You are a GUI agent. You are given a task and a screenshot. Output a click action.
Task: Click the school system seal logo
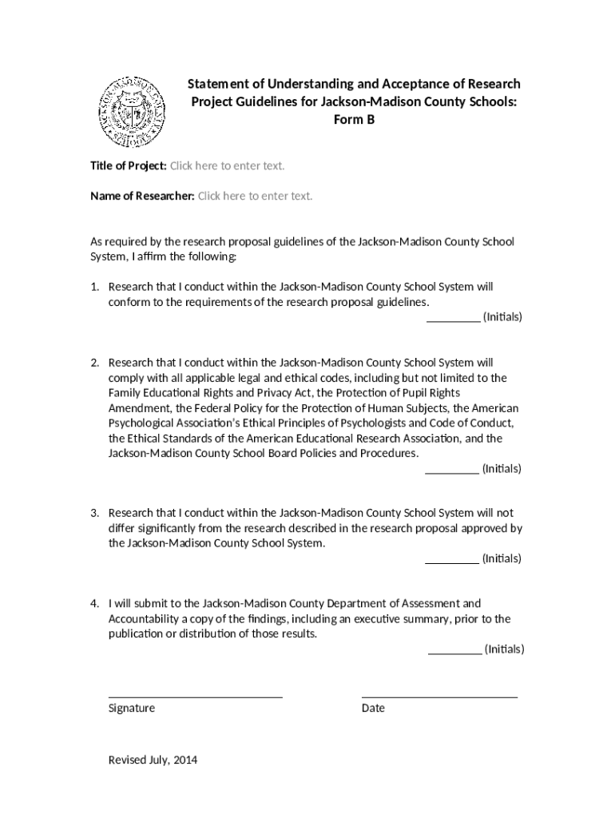(x=132, y=113)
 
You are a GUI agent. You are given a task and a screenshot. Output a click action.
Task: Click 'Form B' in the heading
(x=354, y=120)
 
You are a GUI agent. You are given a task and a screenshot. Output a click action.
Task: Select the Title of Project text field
(x=228, y=165)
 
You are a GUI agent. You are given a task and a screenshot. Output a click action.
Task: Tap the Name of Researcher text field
(x=255, y=196)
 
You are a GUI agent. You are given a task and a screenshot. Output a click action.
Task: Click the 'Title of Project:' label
(x=128, y=165)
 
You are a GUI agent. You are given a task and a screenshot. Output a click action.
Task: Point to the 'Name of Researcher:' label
(x=142, y=196)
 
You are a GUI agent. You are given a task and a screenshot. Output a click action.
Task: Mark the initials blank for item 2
(x=452, y=469)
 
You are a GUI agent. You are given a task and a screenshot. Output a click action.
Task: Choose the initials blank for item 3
(x=452, y=559)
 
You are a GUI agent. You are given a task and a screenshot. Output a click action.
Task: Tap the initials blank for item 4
(x=455, y=649)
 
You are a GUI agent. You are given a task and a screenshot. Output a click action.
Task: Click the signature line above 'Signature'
(x=195, y=696)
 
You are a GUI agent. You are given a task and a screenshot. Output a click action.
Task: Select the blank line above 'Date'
(x=439, y=696)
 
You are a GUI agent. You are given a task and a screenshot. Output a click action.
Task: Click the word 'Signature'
(x=132, y=709)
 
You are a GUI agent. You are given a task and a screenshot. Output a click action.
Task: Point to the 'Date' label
(x=373, y=709)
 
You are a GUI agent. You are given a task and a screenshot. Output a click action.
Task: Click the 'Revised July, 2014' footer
(x=153, y=760)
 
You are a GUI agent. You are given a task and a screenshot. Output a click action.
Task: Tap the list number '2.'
(x=94, y=363)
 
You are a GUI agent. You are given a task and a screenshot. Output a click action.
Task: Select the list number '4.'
(x=94, y=604)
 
